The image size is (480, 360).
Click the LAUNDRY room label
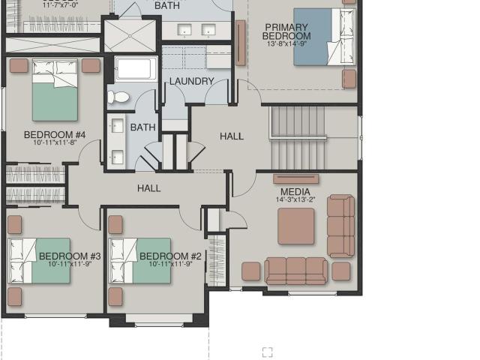192,82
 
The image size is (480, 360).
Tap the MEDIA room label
295,192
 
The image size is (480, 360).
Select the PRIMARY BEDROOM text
286,31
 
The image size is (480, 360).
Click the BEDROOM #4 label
55,135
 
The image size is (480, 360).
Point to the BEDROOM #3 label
70,256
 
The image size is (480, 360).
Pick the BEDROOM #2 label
170,256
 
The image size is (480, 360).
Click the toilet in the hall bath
118,97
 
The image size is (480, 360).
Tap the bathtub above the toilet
136,68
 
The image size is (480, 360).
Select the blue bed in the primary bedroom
324,37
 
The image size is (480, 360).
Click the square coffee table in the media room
296,226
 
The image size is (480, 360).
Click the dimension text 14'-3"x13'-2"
295,200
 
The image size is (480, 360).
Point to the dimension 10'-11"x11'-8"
55,142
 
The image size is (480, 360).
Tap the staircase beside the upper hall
298,138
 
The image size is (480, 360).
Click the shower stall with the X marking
130,36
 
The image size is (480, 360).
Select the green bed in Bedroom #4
55,90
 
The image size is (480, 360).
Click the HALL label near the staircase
232,136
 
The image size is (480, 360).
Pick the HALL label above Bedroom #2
149,188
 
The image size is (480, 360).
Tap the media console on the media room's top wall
295,178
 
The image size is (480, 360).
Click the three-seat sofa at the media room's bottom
295,271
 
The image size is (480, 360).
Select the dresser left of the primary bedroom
241,43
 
